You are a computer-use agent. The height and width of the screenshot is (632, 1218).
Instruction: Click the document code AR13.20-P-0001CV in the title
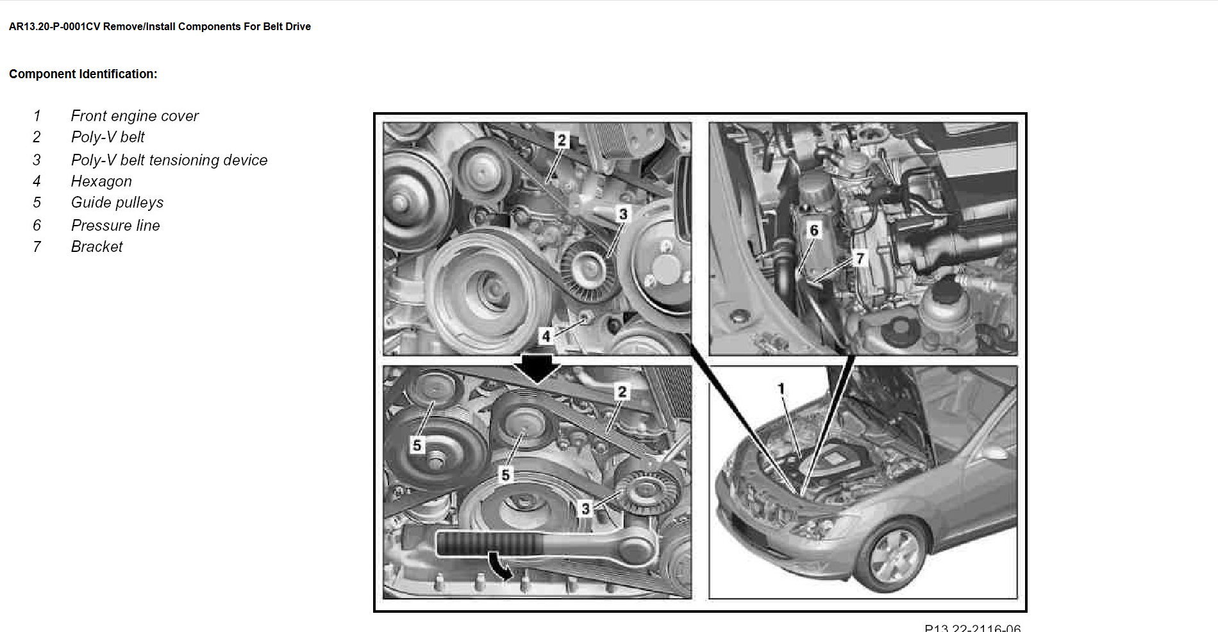coord(54,27)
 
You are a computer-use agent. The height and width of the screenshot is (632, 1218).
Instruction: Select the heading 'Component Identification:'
coord(83,74)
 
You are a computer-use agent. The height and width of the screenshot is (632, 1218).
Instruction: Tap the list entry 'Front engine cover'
coord(135,116)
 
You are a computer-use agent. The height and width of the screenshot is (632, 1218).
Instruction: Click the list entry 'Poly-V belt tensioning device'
coord(169,160)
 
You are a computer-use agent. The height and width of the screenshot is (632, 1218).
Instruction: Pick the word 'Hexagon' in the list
coord(101,181)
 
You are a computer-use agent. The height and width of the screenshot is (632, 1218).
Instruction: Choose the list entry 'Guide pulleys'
coord(117,203)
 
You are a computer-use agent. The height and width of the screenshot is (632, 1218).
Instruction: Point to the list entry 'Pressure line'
coord(115,226)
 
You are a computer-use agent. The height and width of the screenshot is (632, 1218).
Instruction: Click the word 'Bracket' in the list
coord(97,247)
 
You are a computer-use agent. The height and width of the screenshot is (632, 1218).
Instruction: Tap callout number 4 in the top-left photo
coord(546,336)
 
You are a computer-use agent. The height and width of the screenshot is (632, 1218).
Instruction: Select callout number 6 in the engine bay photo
coord(813,230)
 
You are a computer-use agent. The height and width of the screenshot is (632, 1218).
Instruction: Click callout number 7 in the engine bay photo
coord(860,258)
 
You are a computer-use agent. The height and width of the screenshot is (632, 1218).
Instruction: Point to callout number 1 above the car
coord(781,388)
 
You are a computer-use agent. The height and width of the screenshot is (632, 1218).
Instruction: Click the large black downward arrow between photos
coord(537,368)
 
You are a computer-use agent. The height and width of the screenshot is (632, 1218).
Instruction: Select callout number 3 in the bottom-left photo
coord(585,509)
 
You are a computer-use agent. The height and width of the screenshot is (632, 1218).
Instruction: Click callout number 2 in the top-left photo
coord(562,140)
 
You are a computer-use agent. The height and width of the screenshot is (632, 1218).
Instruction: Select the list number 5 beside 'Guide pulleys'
coord(37,203)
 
